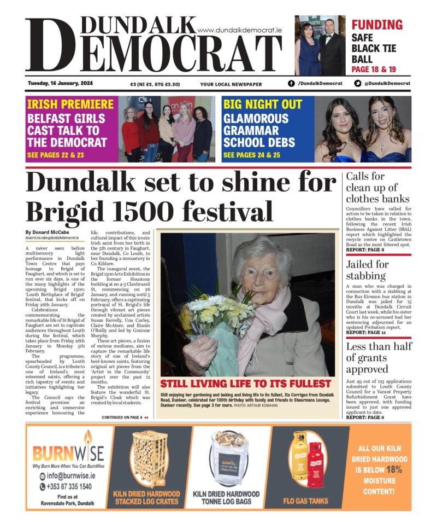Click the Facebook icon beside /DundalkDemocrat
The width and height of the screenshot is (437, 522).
click(x=291, y=83)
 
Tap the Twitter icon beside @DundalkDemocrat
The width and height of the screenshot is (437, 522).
click(x=357, y=83)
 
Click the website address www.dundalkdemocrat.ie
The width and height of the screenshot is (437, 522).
click(x=239, y=31)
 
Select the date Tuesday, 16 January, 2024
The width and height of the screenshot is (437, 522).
click(x=60, y=83)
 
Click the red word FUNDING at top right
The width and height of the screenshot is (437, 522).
click(x=377, y=25)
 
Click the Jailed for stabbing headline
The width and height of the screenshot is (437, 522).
click(x=367, y=270)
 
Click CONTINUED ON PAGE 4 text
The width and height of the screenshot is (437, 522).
click(x=121, y=417)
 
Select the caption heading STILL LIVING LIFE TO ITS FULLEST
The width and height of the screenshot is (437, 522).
click(x=246, y=384)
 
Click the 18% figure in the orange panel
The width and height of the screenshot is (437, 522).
click(x=394, y=469)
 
